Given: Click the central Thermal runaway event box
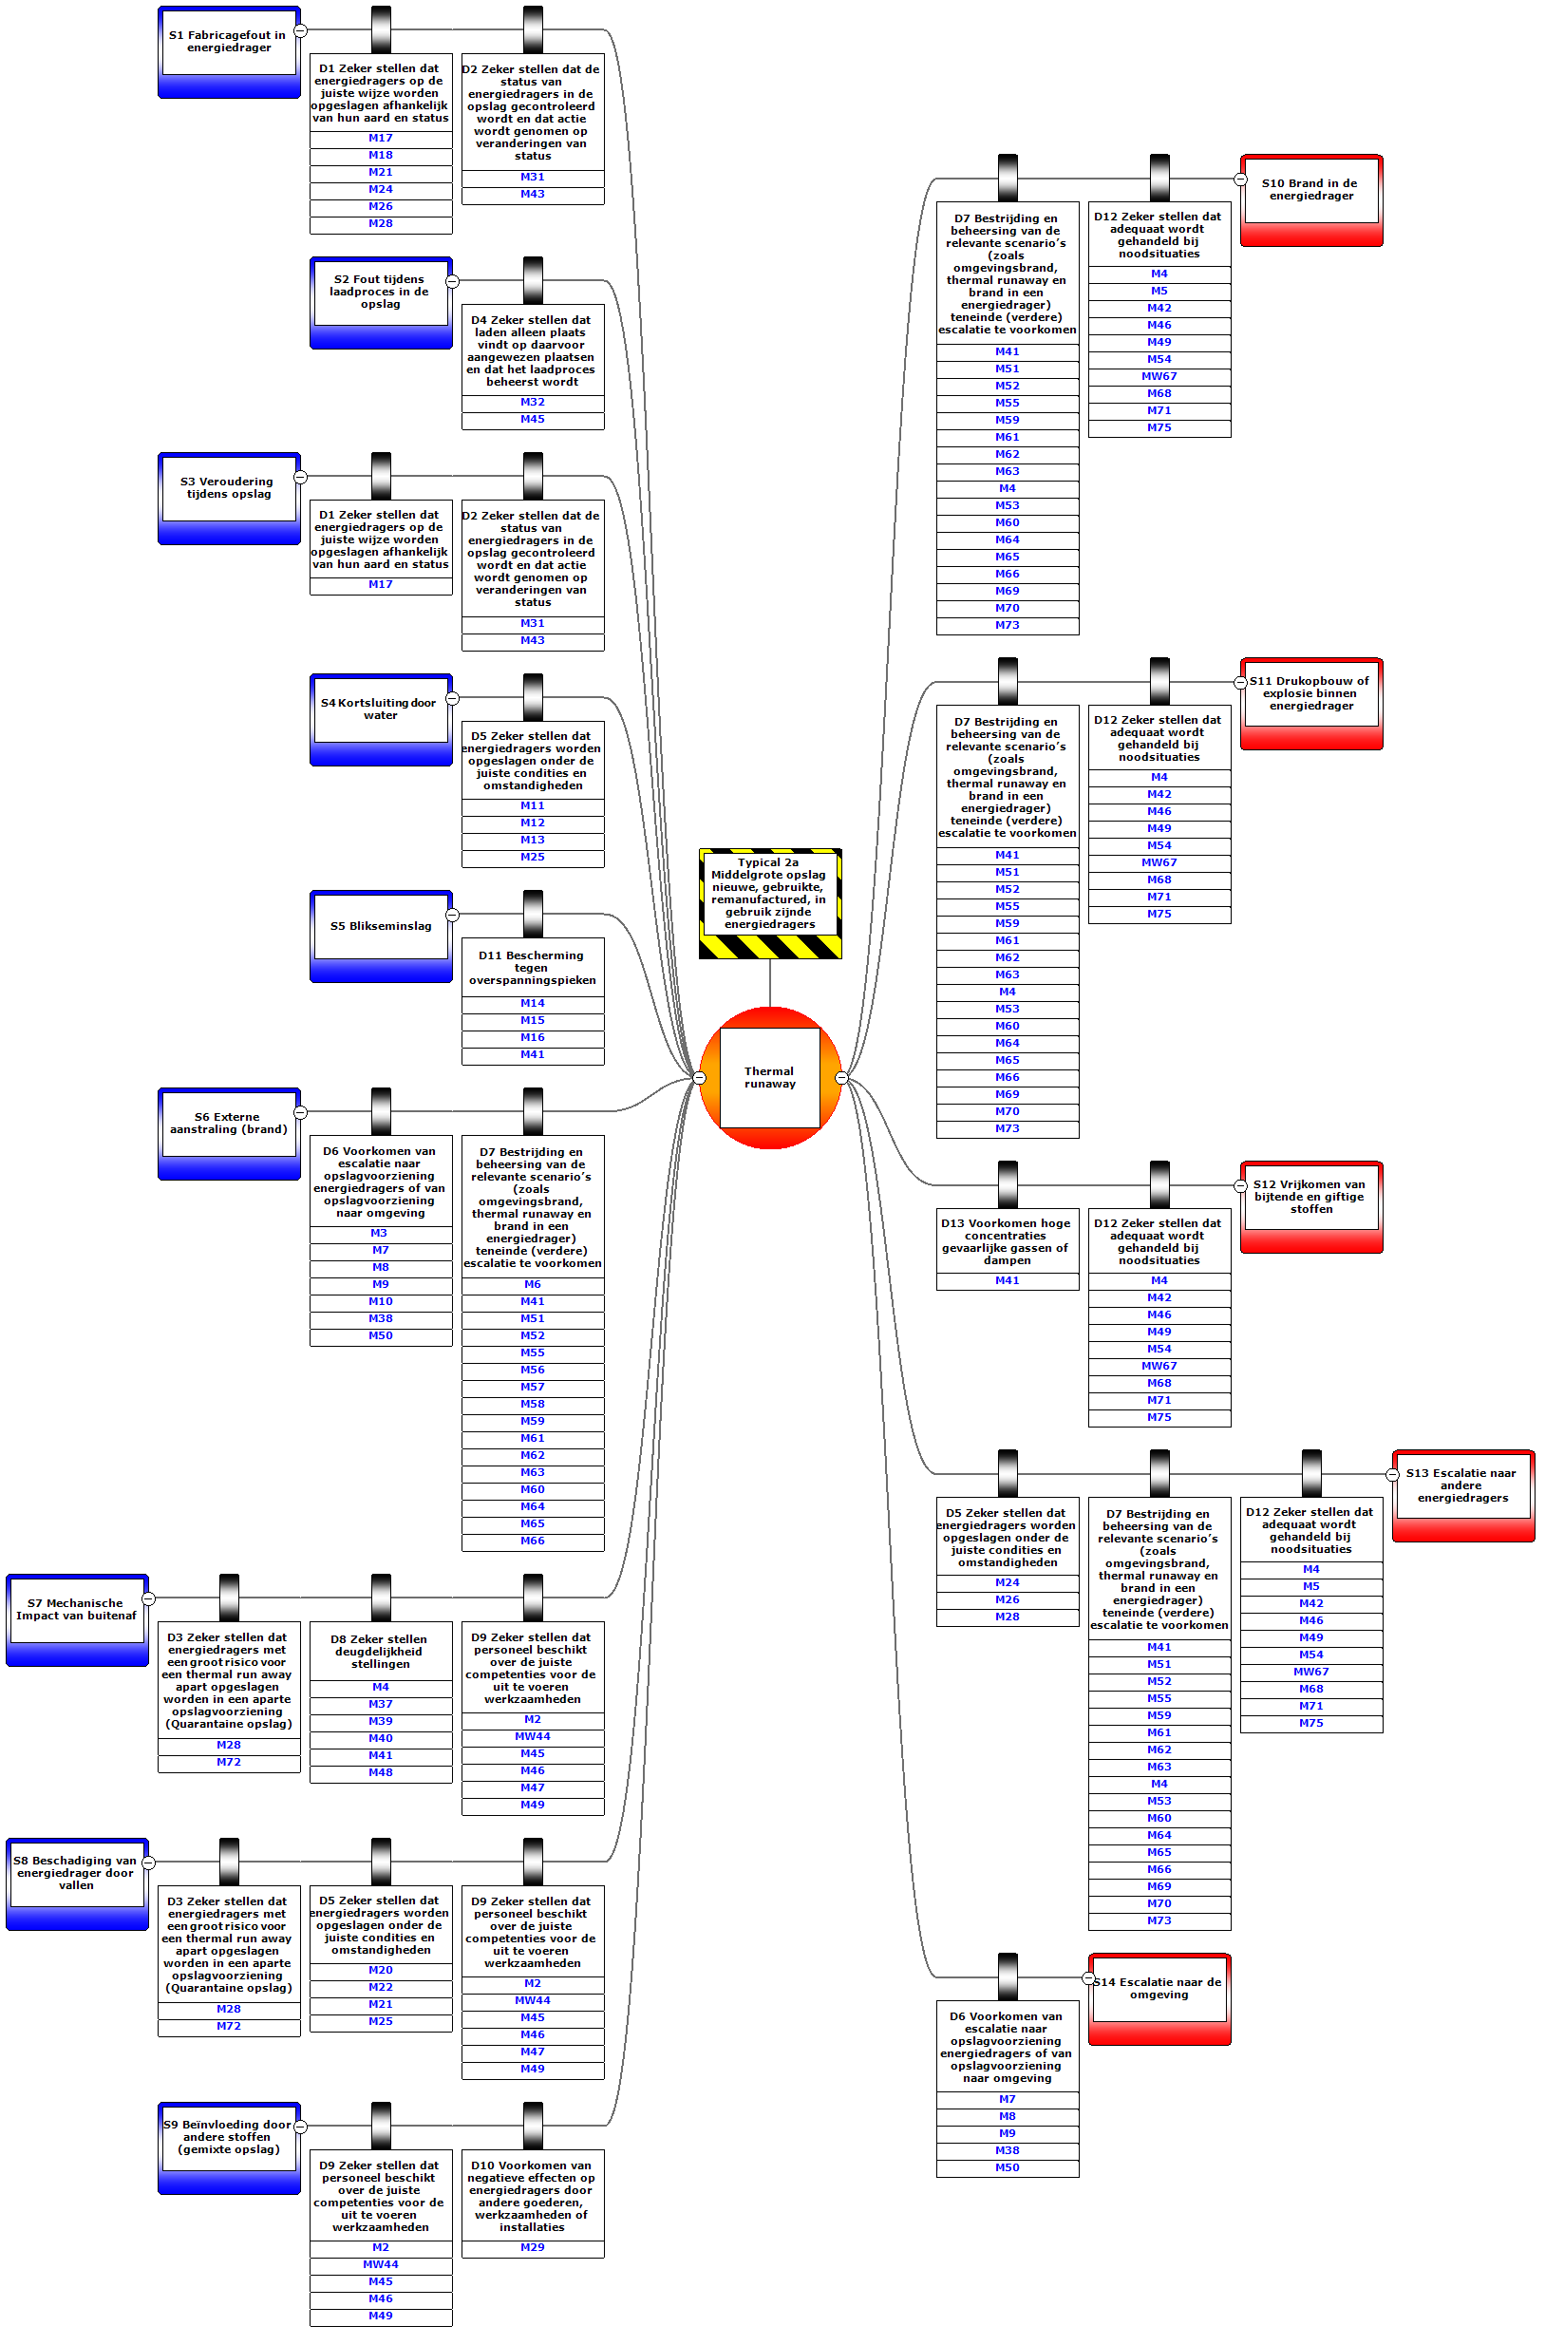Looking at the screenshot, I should (769, 1077).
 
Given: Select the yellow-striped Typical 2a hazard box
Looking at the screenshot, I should (769, 894).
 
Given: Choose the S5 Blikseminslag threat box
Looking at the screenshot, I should (381, 927).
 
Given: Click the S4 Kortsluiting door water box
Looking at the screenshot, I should (380, 709).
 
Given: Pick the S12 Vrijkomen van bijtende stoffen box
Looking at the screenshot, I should (1310, 1197).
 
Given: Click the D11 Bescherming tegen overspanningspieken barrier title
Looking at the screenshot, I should (532, 968).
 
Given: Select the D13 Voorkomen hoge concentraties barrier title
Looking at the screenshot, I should (1007, 1240).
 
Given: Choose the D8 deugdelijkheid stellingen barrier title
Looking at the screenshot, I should (380, 1651).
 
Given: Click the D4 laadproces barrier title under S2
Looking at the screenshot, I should (532, 350).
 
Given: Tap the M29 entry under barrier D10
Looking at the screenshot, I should (532, 2247).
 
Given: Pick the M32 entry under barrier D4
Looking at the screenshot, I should (532, 403).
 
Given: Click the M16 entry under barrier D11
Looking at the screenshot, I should (532, 1037).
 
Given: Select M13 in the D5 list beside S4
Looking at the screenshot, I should (532, 840).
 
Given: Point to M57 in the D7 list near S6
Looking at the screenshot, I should (532, 1387).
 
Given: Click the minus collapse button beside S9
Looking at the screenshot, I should (300, 2126).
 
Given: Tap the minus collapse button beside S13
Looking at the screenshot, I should (1392, 1474).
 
